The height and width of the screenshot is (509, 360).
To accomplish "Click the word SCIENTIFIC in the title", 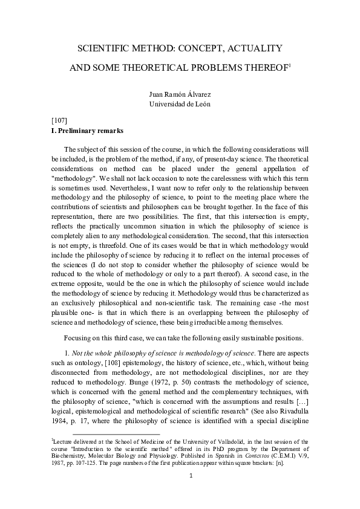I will tap(106, 48).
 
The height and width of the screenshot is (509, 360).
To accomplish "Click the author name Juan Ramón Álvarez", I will tap(180, 95).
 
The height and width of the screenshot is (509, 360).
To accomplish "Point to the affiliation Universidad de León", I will tap(180, 104).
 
